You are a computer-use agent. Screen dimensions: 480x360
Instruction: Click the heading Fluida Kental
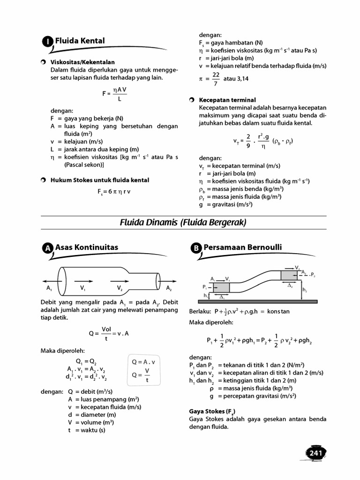80,41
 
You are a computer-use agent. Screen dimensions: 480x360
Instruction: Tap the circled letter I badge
48,42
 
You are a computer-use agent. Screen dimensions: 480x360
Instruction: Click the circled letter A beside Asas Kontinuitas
48,249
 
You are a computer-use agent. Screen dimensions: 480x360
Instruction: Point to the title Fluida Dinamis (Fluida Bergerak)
183,223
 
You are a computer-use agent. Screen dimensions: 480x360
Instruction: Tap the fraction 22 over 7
216,78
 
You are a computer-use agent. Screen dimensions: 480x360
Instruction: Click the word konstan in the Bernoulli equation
278,311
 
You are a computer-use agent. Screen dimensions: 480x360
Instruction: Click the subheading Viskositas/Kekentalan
82,62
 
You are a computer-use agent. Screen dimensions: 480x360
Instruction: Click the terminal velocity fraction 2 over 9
249,141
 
